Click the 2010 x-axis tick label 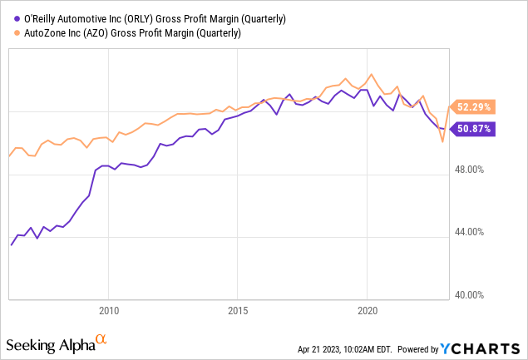pyautogui.click(x=108, y=311)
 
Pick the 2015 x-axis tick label pyautogui.click(x=238, y=311)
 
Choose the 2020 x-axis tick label pyautogui.click(x=368, y=311)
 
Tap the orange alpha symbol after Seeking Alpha pyautogui.click(x=101, y=339)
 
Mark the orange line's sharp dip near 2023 pyautogui.click(x=442, y=142)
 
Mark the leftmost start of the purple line pyautogui.click(x=11, y=245)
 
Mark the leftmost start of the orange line pyautogui.click(x=9, y=155)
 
